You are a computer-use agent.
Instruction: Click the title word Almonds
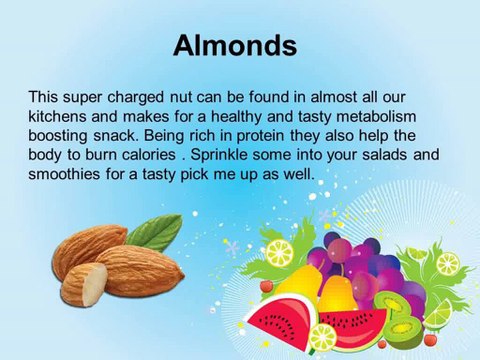pos(235,45)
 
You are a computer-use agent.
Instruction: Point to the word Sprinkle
pos(219,155)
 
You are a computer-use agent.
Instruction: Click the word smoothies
pos(64,174)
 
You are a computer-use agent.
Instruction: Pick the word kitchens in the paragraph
pos(56,116)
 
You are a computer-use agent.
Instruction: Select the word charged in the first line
pos(136,98)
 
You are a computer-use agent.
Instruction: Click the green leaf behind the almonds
pos(155,232)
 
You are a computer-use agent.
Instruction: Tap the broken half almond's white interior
pos(95,284)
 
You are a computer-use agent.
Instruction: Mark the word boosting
pos(56,136)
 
